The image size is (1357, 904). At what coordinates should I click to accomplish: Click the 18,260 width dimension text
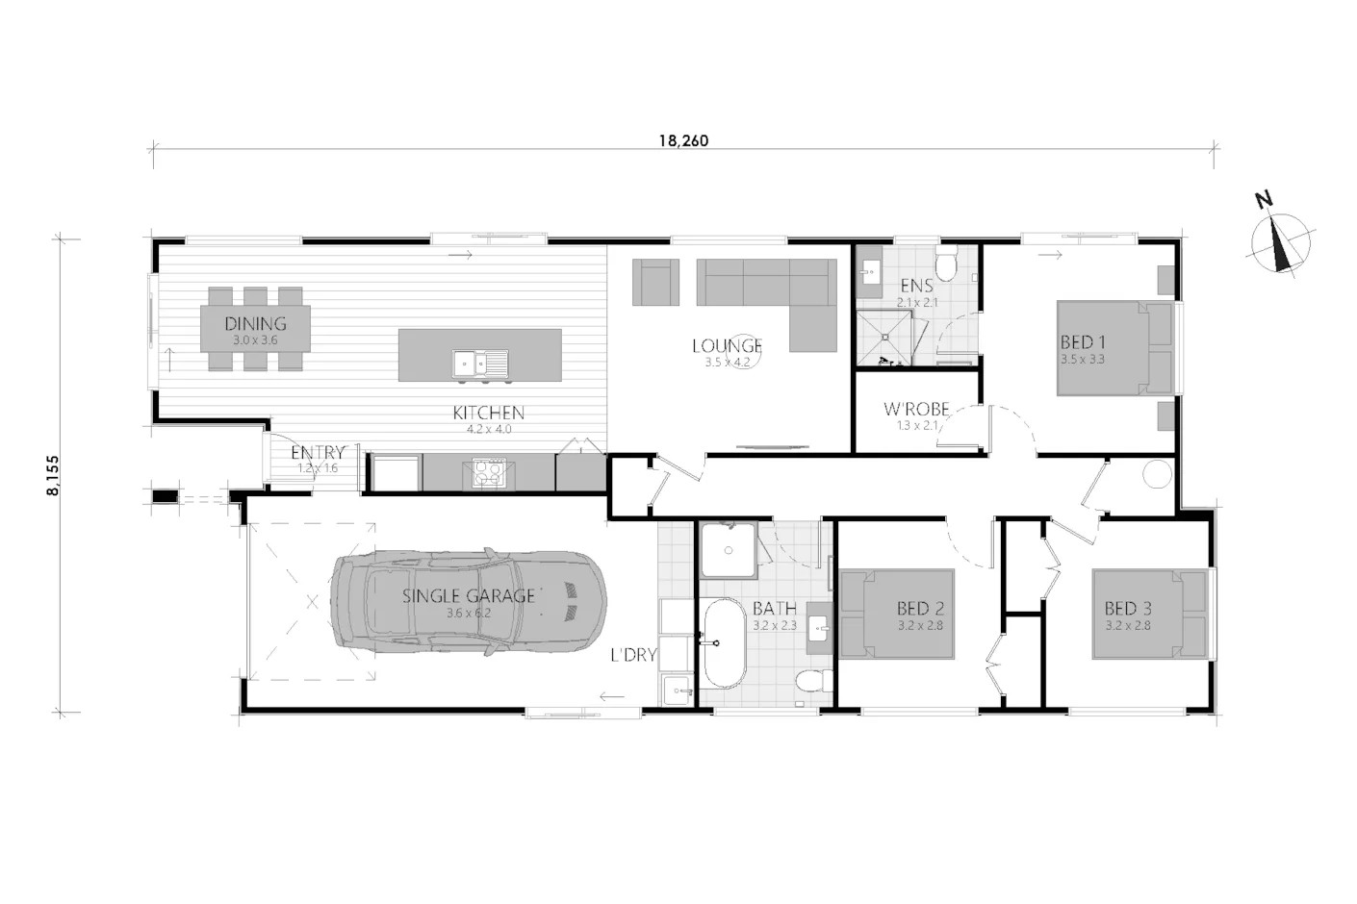click(684, 140)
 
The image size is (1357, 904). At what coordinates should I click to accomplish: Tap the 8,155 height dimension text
click(53, 476)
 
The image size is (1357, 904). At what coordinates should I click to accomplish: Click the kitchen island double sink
click(480, 364)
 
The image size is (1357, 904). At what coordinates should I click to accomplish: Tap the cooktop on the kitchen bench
click(489, 473)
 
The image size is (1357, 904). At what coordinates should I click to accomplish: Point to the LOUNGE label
click(727, 346)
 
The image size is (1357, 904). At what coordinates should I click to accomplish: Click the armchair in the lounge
click(655, 282)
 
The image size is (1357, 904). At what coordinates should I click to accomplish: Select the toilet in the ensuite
click(946, 263)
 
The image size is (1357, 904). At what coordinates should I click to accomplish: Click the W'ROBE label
click(916, 410)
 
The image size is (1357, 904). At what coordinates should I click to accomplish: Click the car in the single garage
click(469, 602)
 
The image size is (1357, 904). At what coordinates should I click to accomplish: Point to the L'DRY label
click(633, 655)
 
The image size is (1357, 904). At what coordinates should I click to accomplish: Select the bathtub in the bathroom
click(724, 643)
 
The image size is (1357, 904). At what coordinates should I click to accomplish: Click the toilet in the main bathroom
click(815, 681)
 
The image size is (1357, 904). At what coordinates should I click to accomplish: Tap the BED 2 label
click(921, 608)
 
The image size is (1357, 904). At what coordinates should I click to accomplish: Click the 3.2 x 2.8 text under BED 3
click(1127, 625)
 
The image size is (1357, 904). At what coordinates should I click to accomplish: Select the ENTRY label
click(318, 452)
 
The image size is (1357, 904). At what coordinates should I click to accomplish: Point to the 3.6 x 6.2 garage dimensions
click(469, 613)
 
